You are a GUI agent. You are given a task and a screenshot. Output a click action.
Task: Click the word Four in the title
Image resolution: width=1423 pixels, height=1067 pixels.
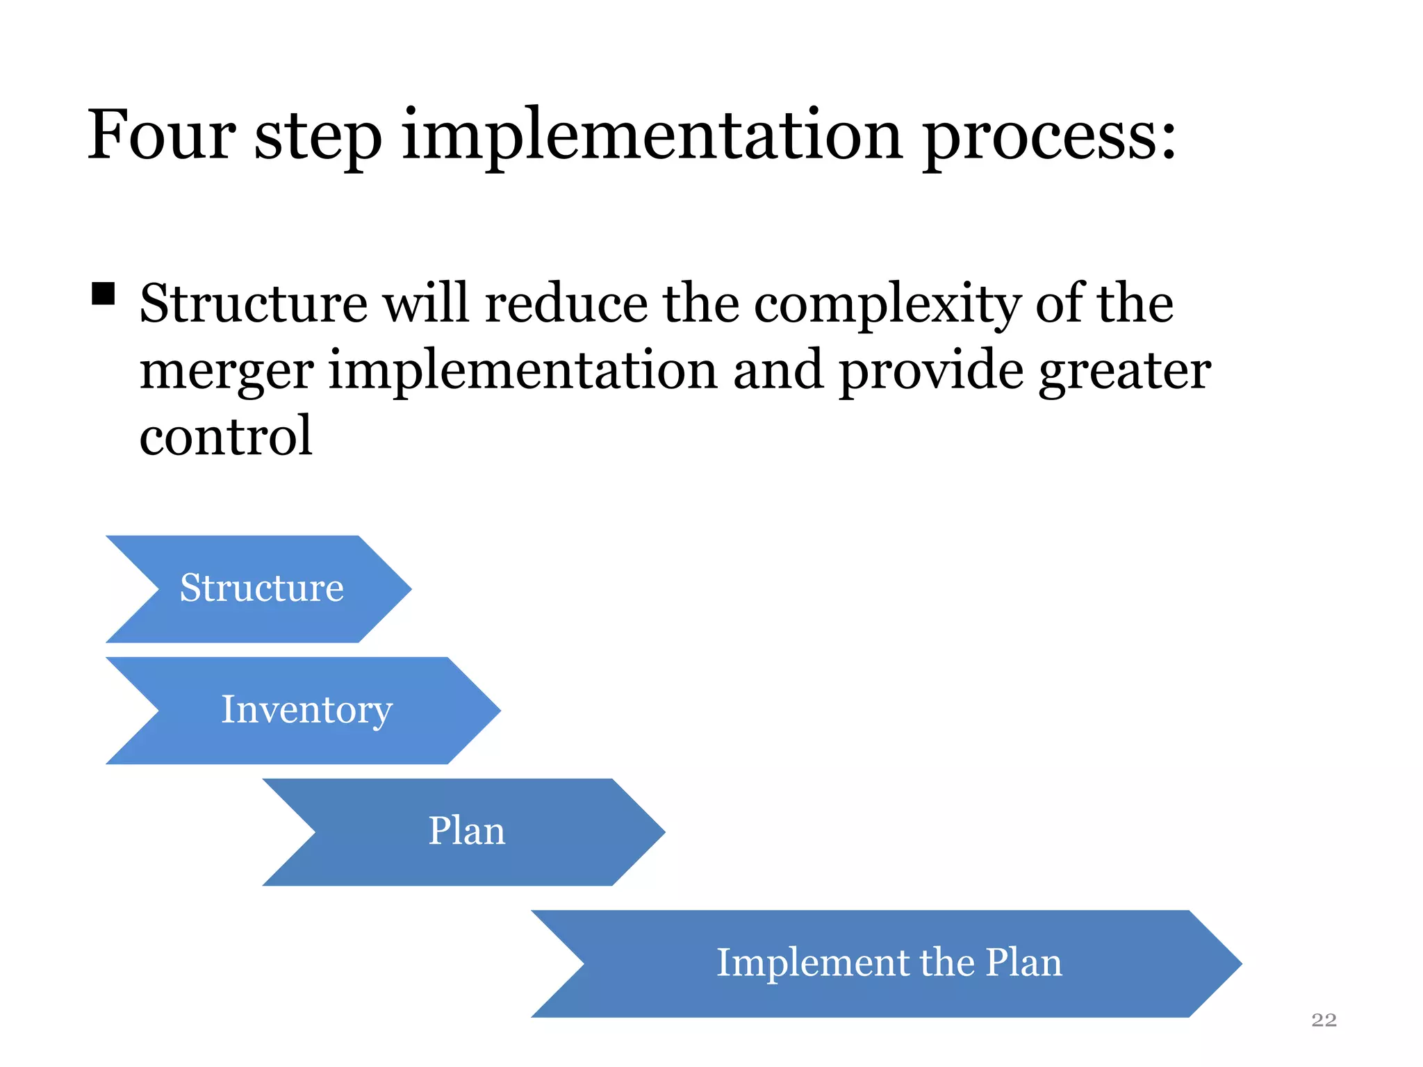pyautogui.click(x=161, y=135)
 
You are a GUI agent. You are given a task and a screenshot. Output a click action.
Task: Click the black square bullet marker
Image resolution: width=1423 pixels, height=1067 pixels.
pyautogui.click(x=103, y=294)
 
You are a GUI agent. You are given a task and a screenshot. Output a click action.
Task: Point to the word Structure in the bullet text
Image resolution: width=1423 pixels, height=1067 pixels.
pyautogui.click(x=253, y=304)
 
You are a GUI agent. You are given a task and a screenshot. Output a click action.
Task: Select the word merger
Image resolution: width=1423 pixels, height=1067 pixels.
pyautogui.click(x=227, y=372)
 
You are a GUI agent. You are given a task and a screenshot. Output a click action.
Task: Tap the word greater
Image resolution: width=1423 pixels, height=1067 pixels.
pyautogui.click(x=1125, y=372)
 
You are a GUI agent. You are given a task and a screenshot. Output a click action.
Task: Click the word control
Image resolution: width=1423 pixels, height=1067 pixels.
pyautogui.click(x=226, y=436)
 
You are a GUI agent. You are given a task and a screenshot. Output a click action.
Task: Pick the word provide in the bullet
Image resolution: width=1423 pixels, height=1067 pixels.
pyautogui.click(x=931, y=371)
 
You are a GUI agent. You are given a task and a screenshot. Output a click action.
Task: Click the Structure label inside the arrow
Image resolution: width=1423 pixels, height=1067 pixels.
pyautogui.click(x=261, y=588)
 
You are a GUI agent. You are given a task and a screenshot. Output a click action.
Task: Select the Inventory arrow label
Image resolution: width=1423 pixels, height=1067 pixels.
pyautogui.click(x=306, y=711)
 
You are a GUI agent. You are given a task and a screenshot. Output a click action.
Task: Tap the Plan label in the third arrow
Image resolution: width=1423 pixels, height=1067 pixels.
pyautogui.click(x=466, y=832)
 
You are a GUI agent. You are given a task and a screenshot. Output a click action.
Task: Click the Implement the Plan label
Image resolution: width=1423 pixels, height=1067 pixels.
pyautogui.click(x=889, y=963)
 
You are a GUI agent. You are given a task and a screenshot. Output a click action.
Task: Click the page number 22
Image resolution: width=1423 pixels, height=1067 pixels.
pyautogui.click(x=1323, y=1020)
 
